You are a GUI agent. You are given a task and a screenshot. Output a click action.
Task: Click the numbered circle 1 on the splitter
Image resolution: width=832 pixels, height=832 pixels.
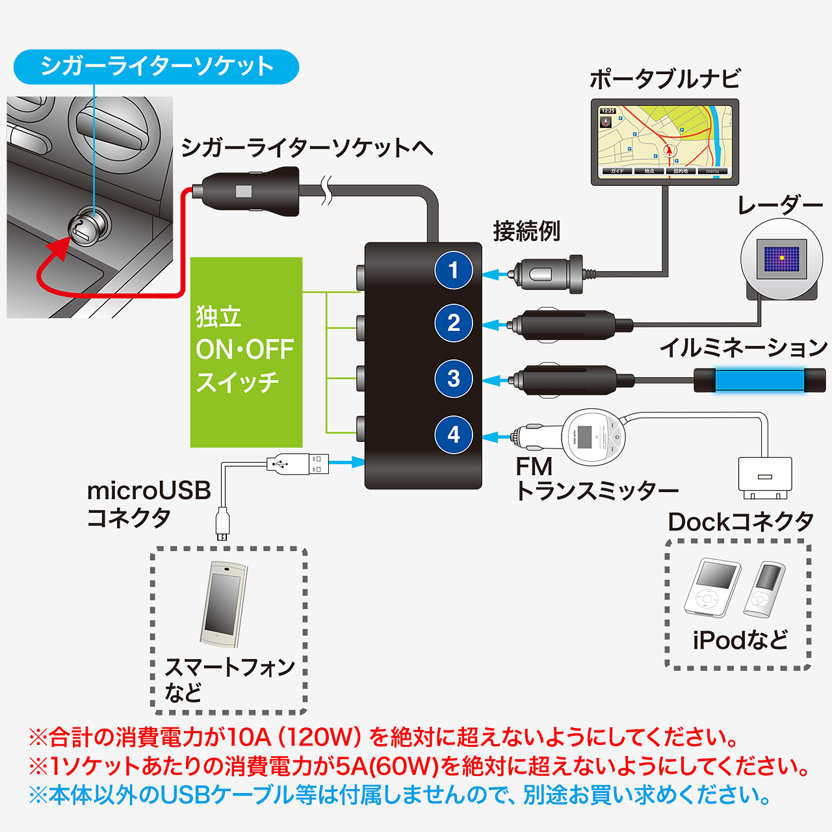click(x=454, y=270)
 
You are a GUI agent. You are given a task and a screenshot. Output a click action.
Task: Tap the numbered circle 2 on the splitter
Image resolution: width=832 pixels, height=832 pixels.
click(x=454, y=323)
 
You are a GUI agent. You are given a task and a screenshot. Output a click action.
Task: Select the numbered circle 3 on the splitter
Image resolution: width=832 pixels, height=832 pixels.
click(x=454, y=379)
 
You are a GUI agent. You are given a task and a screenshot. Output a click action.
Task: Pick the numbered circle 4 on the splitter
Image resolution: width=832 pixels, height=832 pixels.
click(x=454, y=434)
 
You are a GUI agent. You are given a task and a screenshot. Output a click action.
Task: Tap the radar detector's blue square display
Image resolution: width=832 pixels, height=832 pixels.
click(x=781, y=258)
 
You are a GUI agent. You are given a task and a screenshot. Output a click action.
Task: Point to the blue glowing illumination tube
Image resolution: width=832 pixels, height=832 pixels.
click(x=747, y=380)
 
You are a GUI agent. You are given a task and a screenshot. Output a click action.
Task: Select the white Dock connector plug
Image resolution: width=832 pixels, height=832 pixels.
click(x=765, y=477)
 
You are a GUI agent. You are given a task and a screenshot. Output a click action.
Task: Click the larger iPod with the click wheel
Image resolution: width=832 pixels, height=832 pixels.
click(x=712, y=588)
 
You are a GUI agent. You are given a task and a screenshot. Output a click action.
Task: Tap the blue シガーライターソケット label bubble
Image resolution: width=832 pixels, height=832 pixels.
click(x=156, y=66)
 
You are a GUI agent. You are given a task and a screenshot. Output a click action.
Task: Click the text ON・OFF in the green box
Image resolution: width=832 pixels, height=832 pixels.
click(x=245, y=350)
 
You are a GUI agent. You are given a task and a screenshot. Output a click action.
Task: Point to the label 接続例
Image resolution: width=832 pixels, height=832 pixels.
click(x=526, y=231)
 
